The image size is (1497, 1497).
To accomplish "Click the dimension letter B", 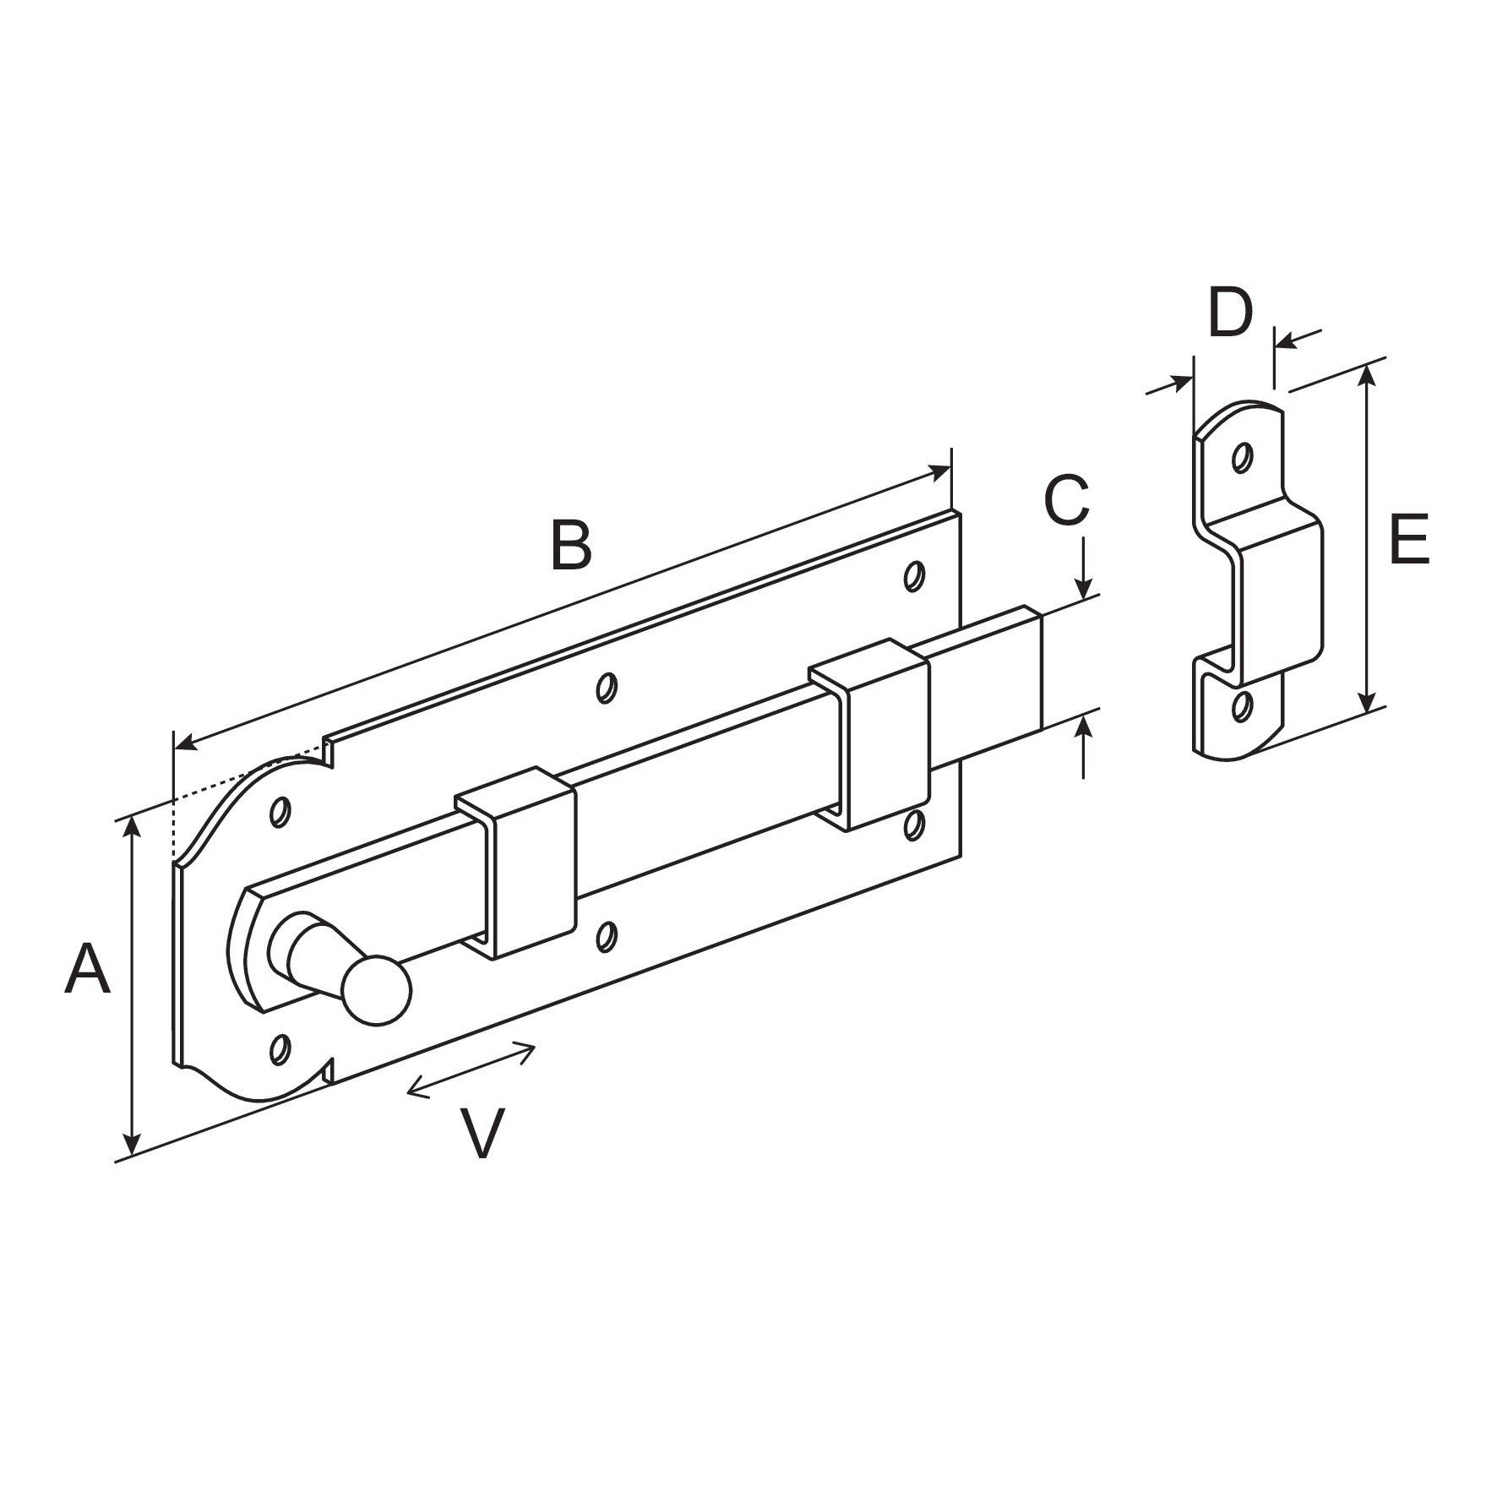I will [x=571, y=545].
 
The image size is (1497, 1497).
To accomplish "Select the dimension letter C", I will [x=1066, y=501].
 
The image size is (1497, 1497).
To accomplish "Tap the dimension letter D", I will [x=1230, y=313].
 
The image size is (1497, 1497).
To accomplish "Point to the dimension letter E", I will [x=1408, y=539].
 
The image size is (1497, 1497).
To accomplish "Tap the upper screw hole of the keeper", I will [x=1241, y=458].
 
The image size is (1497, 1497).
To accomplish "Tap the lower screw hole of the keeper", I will [x=1241, y=706].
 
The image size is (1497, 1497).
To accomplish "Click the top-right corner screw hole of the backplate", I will [x=912, y=576].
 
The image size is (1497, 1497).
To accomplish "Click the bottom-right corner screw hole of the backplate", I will [x=912, y=825].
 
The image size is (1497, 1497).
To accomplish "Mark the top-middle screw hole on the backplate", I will [x=605, y=687].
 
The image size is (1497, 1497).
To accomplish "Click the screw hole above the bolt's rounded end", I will [x=280, y=812].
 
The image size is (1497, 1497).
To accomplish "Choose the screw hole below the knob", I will [x=279, y=1048].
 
